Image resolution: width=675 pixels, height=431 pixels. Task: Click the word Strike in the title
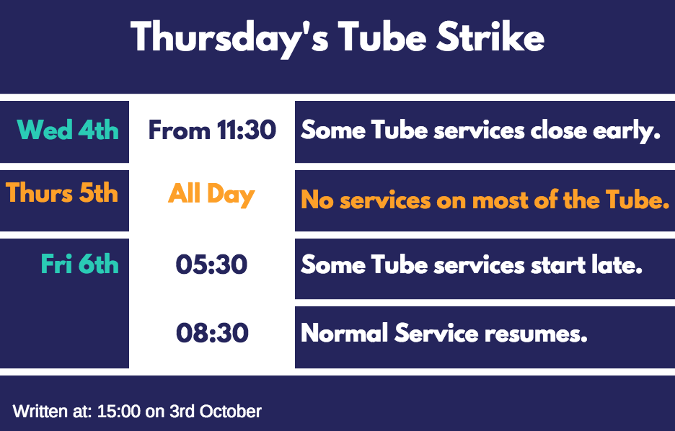490,37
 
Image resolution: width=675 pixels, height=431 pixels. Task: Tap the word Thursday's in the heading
229,39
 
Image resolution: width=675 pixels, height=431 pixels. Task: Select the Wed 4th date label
68,130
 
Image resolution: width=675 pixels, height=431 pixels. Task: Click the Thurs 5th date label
62,192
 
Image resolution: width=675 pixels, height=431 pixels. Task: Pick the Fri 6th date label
79,263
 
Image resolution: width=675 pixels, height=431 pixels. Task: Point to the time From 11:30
212,130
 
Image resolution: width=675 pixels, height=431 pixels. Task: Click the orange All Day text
211,195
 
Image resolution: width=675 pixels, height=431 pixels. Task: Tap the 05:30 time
211,264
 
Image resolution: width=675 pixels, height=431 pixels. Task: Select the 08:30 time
212,332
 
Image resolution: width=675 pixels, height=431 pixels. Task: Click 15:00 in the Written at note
119,412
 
